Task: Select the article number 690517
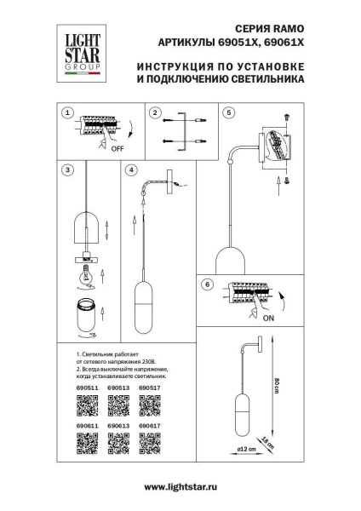[x=149, y=388]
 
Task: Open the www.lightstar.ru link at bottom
[x=180, y=486]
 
